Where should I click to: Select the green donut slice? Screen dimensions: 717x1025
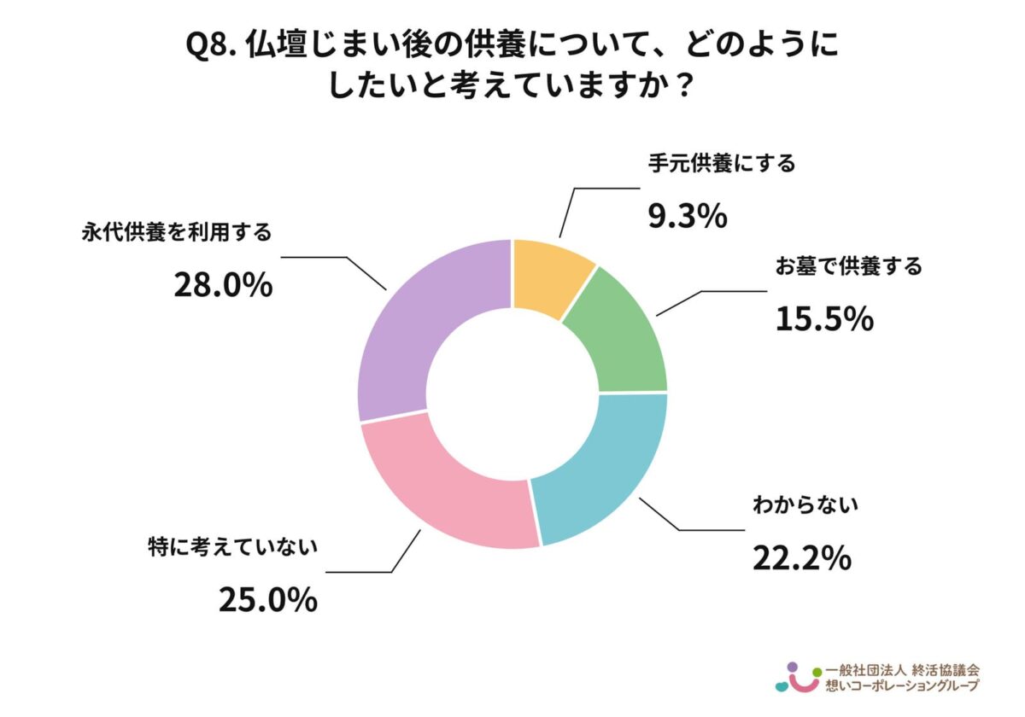pos(620,333)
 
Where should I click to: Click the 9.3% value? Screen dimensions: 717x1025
pos(686,217)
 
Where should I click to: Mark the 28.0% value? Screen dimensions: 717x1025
pos(223,285)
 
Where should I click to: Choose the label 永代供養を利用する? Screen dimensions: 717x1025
pos(177,231)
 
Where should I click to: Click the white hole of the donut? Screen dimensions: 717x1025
pos(512,393)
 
